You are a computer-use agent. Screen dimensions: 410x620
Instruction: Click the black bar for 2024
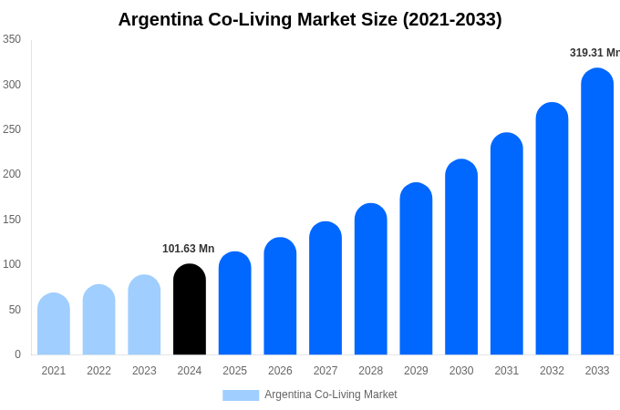(x=190, y=310)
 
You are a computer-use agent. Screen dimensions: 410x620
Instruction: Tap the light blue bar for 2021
(x=54, y=324)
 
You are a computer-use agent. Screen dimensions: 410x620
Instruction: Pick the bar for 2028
(x=371, y=280)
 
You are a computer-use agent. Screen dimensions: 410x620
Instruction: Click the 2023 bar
(x=144, y=315)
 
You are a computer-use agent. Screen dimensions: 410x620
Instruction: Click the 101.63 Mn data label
(x=188, y=249)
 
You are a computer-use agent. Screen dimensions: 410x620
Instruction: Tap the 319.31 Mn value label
(x=594, y=53)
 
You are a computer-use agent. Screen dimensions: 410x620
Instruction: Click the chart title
(x=310, y=19)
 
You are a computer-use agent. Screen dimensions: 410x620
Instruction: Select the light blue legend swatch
(x=241, y=395)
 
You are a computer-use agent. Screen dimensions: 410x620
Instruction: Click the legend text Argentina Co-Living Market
(x=331, y=395)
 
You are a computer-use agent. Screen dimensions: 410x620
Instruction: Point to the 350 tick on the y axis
(x=12, y=39)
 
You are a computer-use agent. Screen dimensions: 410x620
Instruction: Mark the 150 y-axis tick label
(x=12, y=220)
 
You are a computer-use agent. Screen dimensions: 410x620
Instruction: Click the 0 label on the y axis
(x=17, y=354)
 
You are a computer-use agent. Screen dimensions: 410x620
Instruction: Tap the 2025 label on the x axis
(x=234, y=371)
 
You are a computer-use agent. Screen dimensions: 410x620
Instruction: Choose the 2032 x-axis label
(x=552, y=371)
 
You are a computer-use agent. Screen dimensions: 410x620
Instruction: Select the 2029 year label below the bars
(x=416, y=371)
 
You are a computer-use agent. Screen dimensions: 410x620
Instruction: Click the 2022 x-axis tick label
(x=98, y=371)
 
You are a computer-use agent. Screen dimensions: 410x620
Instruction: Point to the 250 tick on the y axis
(x=12, y=129)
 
